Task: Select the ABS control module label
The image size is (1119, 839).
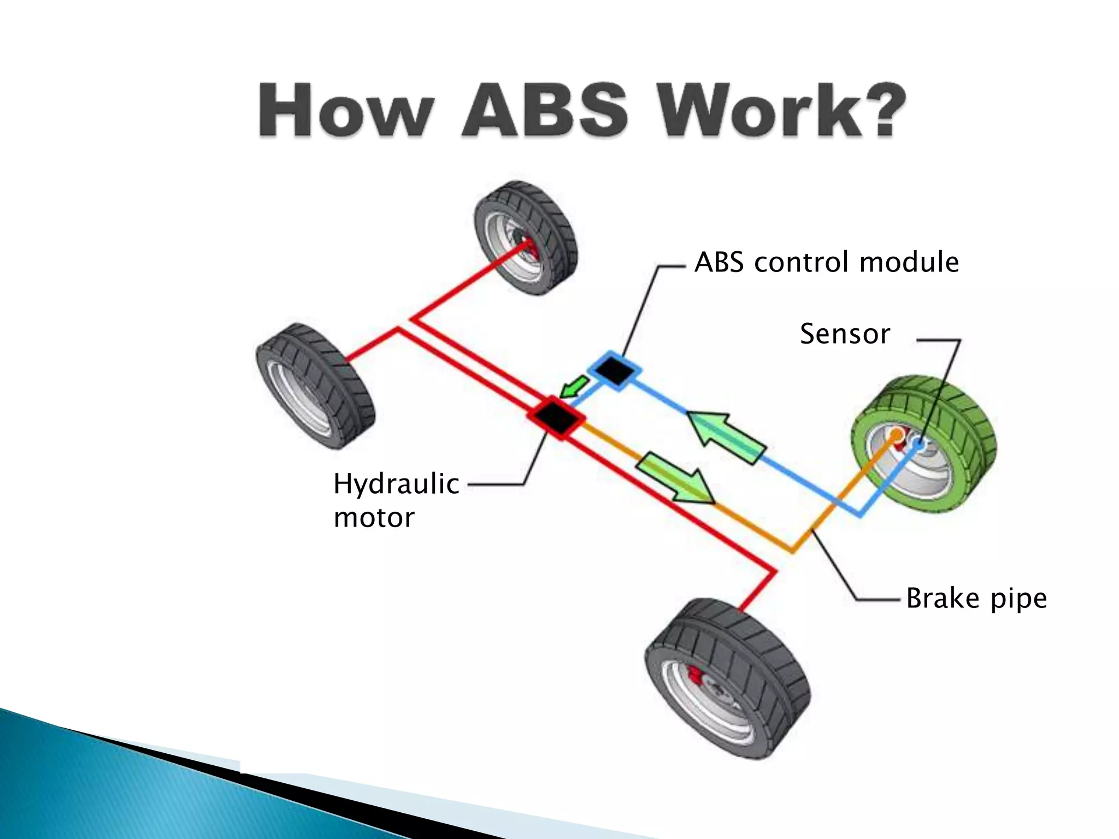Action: (x=826, y=262)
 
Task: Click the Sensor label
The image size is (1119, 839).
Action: (x=845, y=334)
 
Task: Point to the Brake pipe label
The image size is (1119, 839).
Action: (x=976, y=598)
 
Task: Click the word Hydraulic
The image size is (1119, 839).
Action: (x=396, y=484)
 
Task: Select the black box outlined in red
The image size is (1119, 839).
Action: (x=556, y=418)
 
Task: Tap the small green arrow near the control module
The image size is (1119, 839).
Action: (x=574, y=387)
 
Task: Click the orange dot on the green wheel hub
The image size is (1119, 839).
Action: (x=897, y=435)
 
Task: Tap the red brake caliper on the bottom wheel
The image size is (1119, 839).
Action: (x=696, y=674)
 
